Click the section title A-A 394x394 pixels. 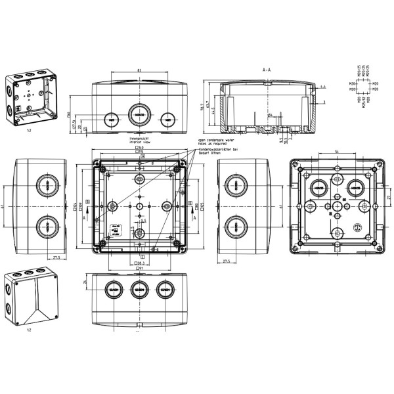267,68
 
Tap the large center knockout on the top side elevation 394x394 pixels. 139,114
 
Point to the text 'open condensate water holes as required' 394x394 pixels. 216,143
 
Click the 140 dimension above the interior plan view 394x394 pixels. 140,148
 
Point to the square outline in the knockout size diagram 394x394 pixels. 366,93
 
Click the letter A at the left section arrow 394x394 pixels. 85,205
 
